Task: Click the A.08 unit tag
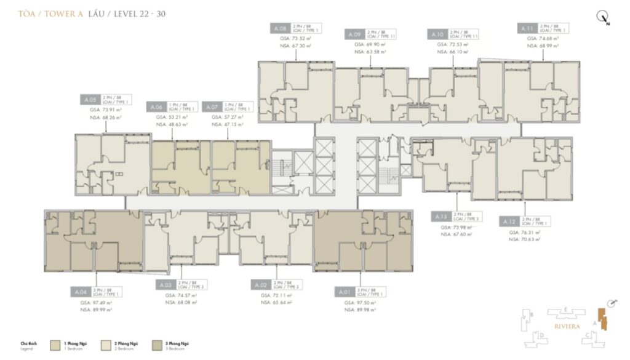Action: pyautogui.click(x=279, y=28)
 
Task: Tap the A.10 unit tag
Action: pyautogui.click(x=437, y=34)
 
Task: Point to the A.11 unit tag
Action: pyautogui.click(x=526, y=28)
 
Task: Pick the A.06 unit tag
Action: pyautogui.click(x=156, y=106)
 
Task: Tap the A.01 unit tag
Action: pyautogui.click(x=344, y=292)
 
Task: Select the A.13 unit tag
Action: pyautogui.click(x=441, y=217)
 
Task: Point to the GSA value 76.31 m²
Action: pyautogui.click(x=524, y=233)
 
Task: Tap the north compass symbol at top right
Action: pyautogui.click(x=603, y=18)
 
